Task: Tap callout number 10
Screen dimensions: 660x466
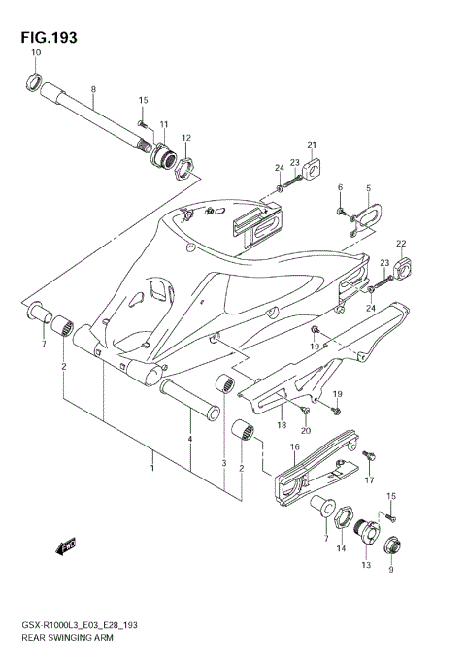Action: pyautogui.click(x=36, y=51)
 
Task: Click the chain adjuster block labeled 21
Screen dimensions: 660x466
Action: pyautogui.click(x=311, y=167)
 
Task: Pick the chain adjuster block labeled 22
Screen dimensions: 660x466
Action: pyautogui.click(x=405, y=263)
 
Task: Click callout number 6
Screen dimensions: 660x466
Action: pyautogui.click(x=340, y=187)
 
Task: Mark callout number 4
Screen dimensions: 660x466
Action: pyautogui.click(x=190, y=440)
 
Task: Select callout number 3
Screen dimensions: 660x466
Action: pyautogui.click(x=223, y=464)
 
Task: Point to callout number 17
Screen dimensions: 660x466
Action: pyautogui.click(x=369, y=479)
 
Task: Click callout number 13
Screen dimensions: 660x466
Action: pyautogui.click(x=365, y=565)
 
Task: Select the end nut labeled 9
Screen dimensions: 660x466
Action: pyautogui.click(x=395, y=546)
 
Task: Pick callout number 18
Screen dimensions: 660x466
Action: pyautogui.click(x=281, y=424)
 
